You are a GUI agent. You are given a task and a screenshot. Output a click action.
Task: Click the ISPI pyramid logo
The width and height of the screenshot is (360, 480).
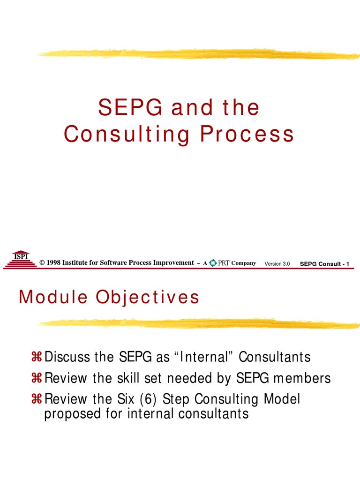coord(20,259)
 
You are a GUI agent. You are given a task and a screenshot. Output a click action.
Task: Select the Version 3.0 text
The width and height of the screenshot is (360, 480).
coord(277,264)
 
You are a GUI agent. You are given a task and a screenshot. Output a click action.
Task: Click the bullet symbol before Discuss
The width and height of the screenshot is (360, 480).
coord(37,358)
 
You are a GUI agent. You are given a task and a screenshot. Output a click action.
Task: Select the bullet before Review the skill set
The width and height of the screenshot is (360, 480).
coord(37,378)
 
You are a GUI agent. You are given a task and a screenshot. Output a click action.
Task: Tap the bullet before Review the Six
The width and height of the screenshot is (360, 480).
coord(37,399)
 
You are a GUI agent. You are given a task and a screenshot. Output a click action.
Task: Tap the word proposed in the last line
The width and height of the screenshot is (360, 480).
coord(67,414)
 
